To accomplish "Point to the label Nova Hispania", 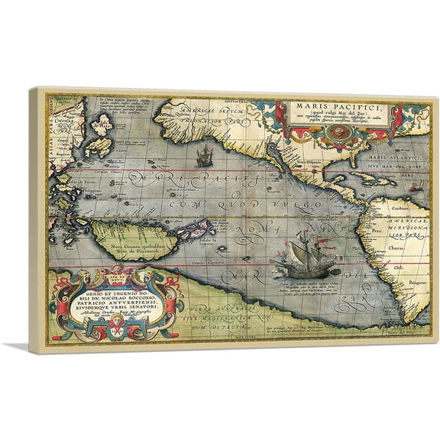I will click(308, 162).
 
